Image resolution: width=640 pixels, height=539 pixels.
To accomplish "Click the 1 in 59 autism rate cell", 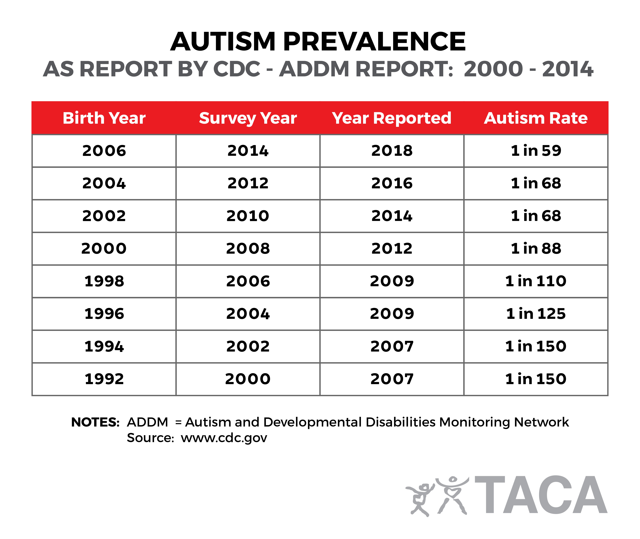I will coord(536,151).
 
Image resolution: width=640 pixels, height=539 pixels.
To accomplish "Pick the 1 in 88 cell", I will coord(536,248).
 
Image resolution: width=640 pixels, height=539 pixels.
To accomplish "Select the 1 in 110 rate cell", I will coord(536,281).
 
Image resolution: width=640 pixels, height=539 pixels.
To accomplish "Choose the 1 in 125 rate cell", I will coord(536,314).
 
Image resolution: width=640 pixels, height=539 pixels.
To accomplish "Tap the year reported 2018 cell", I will coord(392,151).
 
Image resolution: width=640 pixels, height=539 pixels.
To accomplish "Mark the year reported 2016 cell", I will coord(392,183).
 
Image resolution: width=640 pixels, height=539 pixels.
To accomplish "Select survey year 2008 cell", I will coord(248,248).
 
